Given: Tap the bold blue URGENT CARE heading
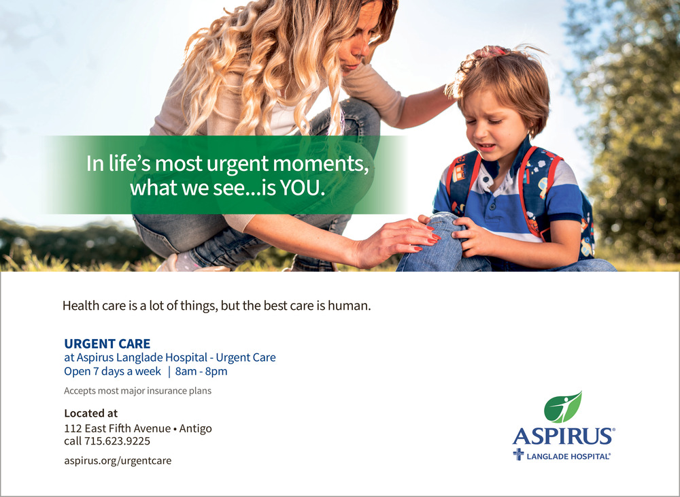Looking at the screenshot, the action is coord(107,344).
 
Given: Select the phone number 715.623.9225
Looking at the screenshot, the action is coord(117,441).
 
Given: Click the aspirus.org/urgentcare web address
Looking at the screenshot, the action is coord(118,460).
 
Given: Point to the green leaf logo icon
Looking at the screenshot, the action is coord(562,407).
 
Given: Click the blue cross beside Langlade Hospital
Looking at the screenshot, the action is coord(518,455).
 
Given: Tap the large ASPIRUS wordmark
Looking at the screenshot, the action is coord(563,436).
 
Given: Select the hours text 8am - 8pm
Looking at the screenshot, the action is coord(201,372).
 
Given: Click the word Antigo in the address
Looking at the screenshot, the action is coord(196,428).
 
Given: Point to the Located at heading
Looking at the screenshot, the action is coord(90,413).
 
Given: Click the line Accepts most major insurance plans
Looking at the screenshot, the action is coord(137,391).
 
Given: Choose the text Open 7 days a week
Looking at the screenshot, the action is coord(112,372).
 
